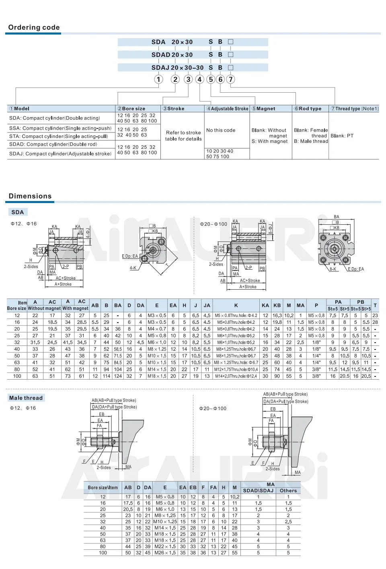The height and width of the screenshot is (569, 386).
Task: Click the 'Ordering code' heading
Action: [34, 27]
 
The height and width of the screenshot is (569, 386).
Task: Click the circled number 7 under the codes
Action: [230, 79]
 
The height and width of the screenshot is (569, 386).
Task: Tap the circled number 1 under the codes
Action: [158, 79]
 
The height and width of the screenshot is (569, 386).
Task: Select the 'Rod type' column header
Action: [308, 109]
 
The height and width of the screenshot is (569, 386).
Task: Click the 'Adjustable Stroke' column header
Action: [228, 109]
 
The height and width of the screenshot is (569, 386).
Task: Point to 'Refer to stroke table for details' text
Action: [183, 136]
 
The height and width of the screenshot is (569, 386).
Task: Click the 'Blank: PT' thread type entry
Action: [342, 136]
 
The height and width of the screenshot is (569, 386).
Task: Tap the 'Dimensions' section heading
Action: [30, 196]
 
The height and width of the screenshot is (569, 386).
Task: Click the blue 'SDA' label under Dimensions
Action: [17, 212]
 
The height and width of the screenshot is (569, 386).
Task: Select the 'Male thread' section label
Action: [26, 398]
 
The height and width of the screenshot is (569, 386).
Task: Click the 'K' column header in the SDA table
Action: [236, 305]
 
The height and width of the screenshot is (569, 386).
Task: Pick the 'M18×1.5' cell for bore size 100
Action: [157, 376]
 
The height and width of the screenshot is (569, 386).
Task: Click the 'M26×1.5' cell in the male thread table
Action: [165, 553]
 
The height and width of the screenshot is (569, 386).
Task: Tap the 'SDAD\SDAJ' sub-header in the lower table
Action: [258, 490]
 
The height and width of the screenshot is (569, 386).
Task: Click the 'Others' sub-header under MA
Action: [288, 490]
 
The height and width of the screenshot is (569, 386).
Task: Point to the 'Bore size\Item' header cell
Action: [103, 488]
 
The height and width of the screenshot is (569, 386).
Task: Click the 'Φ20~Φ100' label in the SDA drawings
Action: [214, 224]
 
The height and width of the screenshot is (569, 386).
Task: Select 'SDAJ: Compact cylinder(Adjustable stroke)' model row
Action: [60, 154]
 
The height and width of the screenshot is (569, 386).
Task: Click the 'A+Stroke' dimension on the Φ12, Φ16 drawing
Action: [63, 284]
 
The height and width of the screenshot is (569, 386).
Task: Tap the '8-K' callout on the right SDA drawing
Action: [333, 269]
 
